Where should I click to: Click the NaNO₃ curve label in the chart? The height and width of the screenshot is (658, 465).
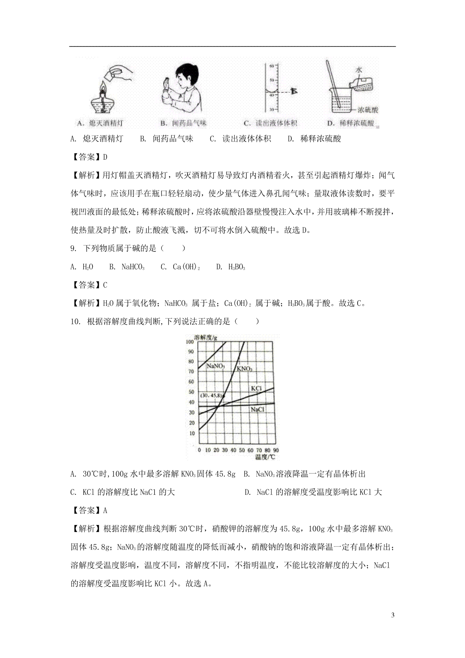click(x=216, y=365)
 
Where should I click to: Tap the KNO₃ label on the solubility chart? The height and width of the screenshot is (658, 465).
click(x=244, y=369)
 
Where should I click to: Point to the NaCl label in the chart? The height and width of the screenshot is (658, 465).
click(x=257, y=409)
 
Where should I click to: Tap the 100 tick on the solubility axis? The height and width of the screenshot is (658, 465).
click(x=189, y=341)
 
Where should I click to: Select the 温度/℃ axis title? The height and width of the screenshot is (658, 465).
click(x=265, y=457)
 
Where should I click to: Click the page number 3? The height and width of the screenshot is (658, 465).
click(x=393, y=615)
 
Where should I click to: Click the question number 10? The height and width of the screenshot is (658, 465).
click(x=75, y=321)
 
